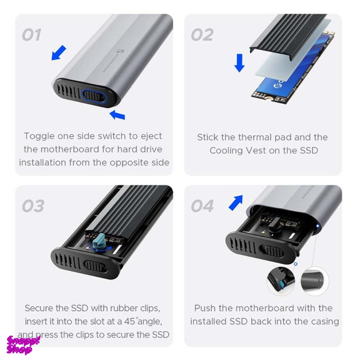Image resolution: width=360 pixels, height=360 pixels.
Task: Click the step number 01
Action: pos(31,35)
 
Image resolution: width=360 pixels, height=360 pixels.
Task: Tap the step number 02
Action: pos(202,35)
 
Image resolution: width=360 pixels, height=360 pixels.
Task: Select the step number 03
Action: pos(33,206)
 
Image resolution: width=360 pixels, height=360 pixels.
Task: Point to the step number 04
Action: pos(202,206)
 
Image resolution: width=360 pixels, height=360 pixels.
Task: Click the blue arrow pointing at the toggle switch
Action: pos(117,114)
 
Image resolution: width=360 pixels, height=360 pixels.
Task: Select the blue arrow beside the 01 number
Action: pos(59,52)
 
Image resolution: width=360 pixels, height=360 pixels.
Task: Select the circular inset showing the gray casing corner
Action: pos(314,281)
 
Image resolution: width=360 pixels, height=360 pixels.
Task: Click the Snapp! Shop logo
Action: pos(23,344)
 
